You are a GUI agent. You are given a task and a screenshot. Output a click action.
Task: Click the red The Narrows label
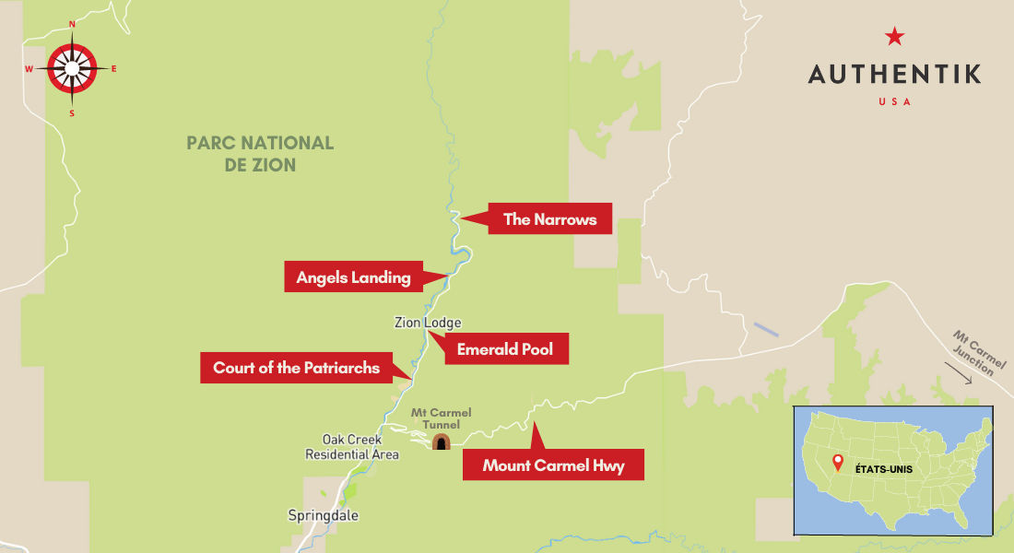[x=549, y=219]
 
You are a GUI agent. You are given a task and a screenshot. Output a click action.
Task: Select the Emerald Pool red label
[x=505, y=350]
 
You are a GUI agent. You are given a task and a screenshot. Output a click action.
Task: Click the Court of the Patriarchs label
[x=296, y=368]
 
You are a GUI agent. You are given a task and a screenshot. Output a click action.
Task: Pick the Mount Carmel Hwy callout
[x=553, y=465]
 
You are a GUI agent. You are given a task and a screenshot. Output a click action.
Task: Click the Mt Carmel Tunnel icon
[x=442, y=441]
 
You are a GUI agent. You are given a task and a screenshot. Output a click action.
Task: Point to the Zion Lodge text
[x=428, y=323]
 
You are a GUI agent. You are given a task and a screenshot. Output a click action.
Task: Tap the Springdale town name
[x=323, y=515]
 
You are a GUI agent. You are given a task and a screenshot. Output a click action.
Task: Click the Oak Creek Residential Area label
[x=352, y=447]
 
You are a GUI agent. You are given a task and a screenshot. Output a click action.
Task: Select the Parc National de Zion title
[x=259, y=154]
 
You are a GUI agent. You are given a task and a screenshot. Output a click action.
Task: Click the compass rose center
[x=72, y=68]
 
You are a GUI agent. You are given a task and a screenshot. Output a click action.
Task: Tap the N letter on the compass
[x=72, y=24]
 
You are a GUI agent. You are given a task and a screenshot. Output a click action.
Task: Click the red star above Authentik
[x=894, y=37]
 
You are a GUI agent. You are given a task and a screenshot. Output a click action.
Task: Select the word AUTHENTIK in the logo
[x=894, y=75]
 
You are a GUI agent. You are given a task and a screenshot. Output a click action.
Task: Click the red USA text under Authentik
[x=894, y=101]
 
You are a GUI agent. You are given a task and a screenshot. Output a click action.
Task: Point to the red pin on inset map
[x=837, y=462]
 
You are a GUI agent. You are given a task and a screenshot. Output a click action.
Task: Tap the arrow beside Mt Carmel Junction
[x=958, y=376]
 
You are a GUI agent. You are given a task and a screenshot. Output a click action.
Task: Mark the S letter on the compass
[x=72, y=113]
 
